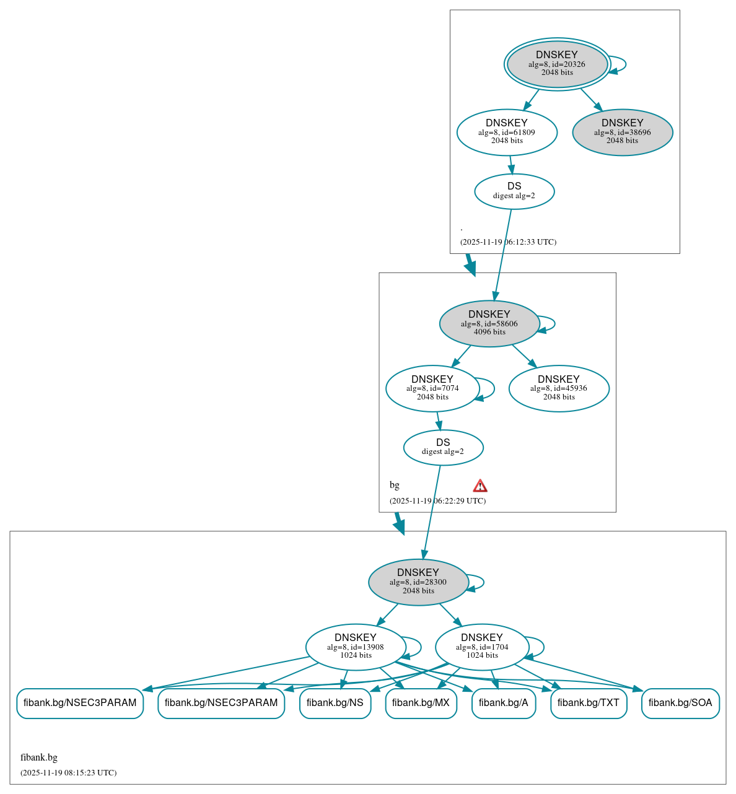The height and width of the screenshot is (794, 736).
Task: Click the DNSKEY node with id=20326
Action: click(557, 64)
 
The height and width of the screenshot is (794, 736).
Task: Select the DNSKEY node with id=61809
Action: click(507, 132)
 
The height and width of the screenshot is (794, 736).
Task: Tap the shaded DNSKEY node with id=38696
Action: click(622, 132)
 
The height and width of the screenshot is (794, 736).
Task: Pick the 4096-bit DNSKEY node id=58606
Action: click(489, 323)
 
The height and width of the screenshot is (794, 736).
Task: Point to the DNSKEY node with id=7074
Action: click(432, 388)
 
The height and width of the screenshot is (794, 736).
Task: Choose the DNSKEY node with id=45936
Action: click(558, 388)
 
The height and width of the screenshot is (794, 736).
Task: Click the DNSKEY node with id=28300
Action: click(418, 582)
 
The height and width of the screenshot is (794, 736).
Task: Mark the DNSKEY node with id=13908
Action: click(355, 647)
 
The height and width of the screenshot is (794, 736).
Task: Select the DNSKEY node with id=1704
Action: click(481, 647)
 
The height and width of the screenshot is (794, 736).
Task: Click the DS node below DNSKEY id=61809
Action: click(514, 191)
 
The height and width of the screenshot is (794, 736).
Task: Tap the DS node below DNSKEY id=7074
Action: click(443, 447)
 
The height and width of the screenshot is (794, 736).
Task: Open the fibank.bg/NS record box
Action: click(335, 703)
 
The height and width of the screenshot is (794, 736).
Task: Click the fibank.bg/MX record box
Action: click(421, 703)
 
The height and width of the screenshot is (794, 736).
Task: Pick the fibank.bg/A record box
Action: click(503, 703)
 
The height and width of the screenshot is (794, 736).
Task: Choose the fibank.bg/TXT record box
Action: click(588, 703)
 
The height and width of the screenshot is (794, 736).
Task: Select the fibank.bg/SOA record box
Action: click(680, 703)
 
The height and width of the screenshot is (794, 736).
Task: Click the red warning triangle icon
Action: click(480, 486)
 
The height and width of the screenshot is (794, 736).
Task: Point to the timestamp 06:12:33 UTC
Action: click(508, 242)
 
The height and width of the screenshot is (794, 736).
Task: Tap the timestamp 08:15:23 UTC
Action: click(68, 773)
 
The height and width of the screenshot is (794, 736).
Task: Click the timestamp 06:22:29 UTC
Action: click(437, 501)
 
